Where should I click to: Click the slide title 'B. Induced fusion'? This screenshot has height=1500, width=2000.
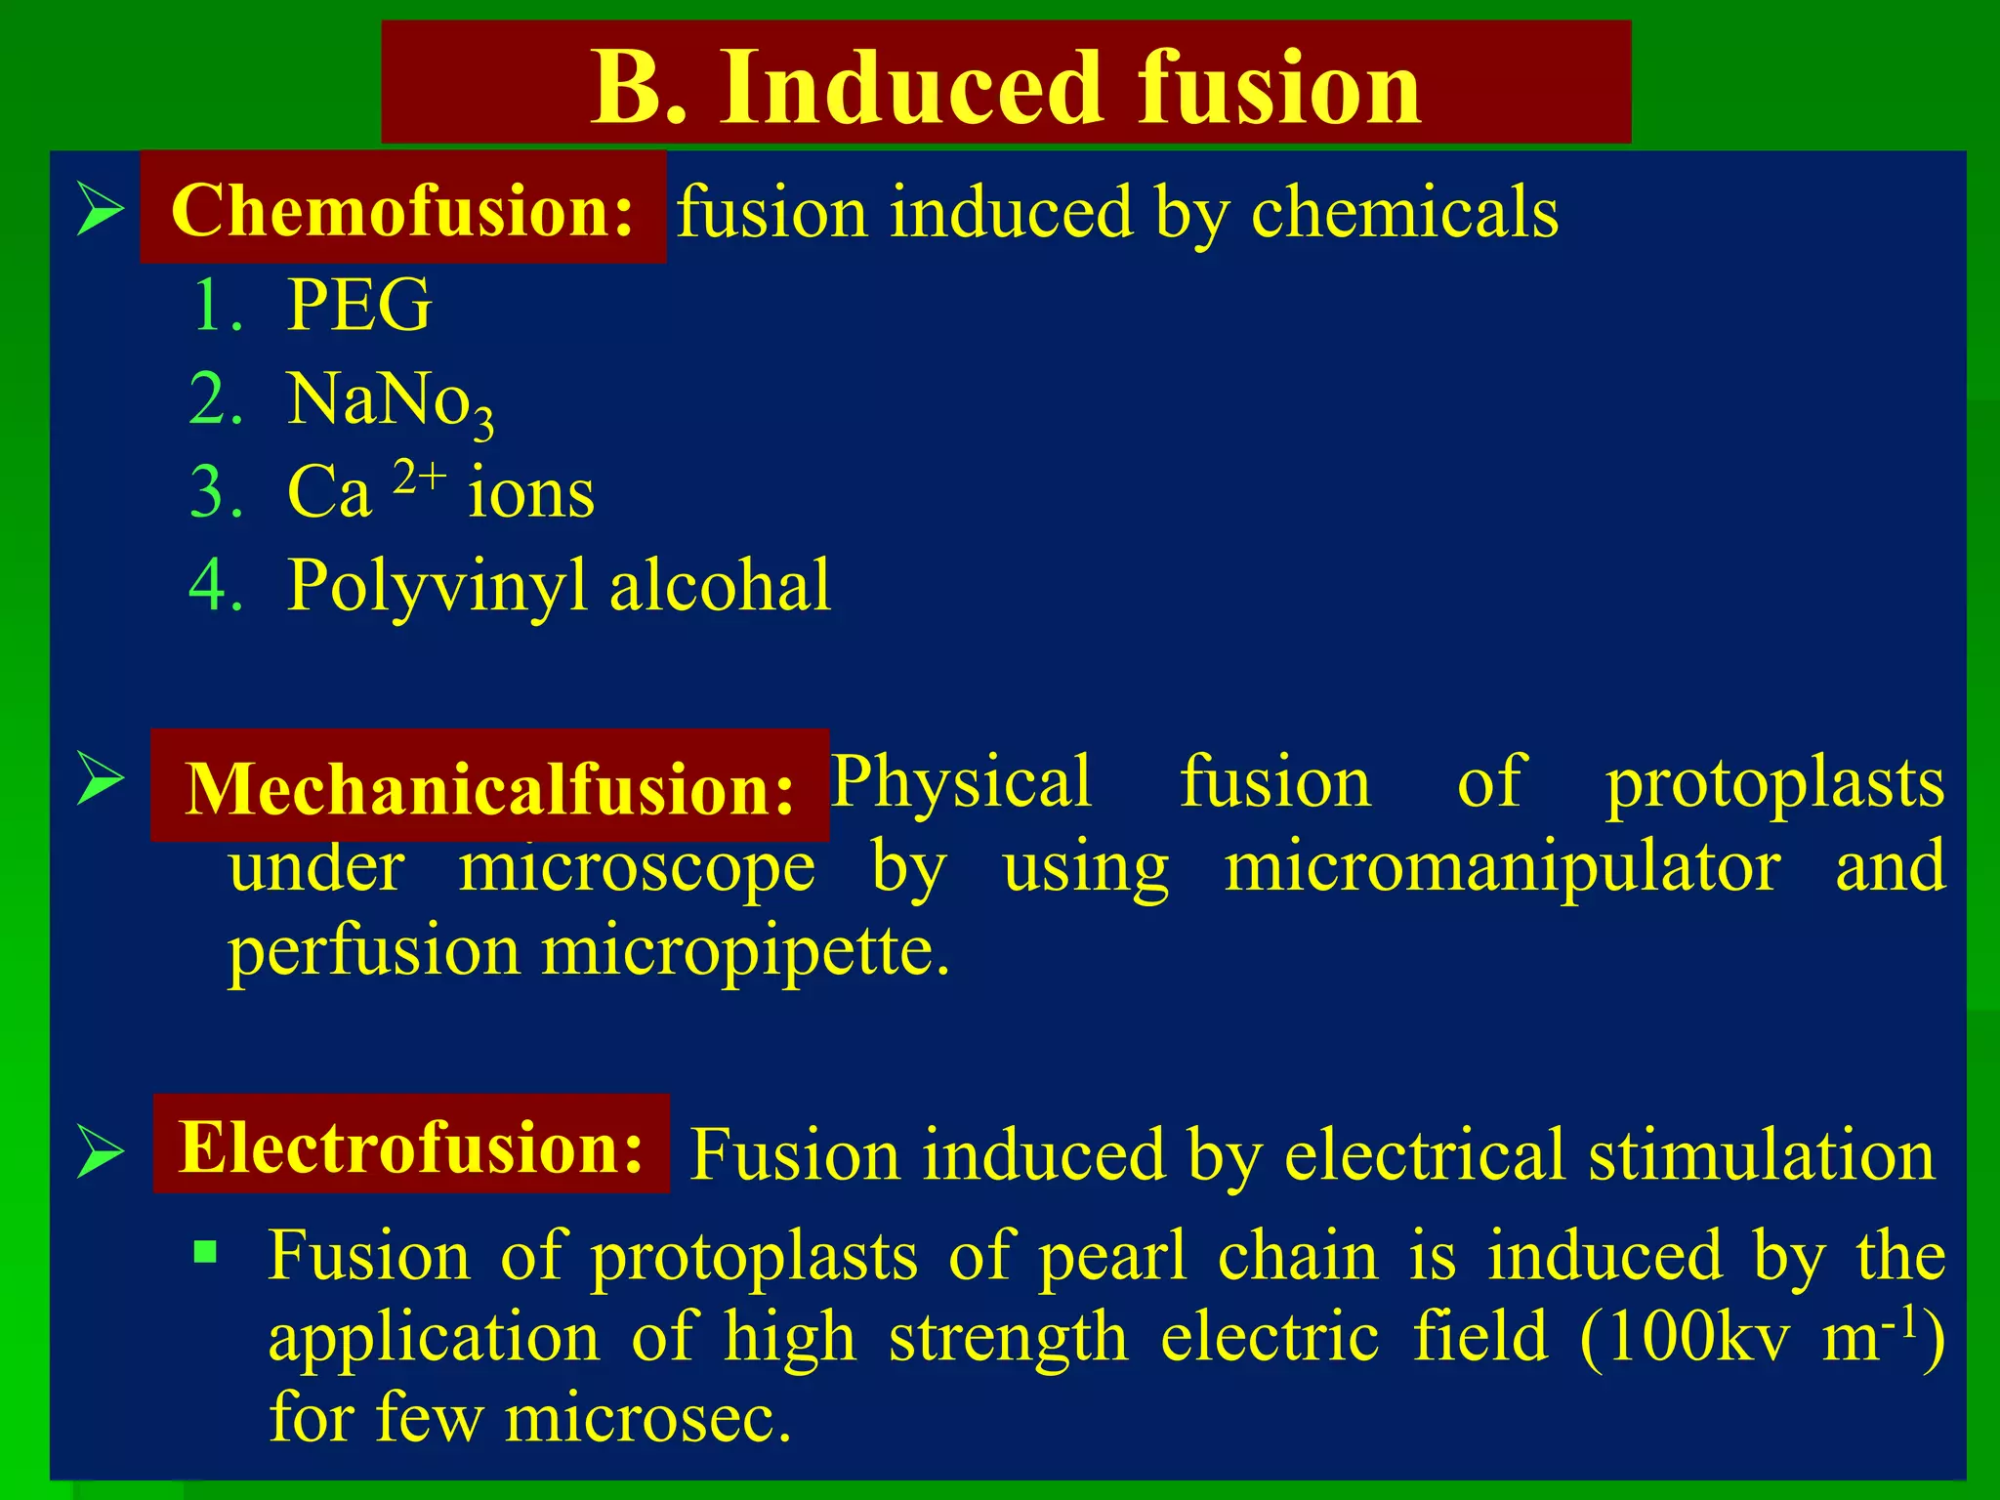pos(1006,88)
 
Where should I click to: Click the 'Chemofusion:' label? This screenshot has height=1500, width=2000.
pos(402,210)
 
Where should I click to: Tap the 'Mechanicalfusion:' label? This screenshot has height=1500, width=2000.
pos(490,788)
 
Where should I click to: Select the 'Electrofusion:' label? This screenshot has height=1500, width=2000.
pos(411,1146)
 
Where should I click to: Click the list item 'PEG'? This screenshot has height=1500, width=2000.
pos(359,306)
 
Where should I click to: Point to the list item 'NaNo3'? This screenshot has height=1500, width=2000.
pos(390,400)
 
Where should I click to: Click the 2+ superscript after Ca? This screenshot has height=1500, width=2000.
pos(420,479)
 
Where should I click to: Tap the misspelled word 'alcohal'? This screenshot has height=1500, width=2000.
pos(720,586)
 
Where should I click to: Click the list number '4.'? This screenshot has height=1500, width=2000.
pos(216,586)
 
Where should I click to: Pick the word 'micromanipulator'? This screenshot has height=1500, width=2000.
pos(1502,867)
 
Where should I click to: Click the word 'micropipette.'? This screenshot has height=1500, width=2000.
pos(745,951)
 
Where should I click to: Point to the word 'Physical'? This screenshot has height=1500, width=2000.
pos(961,782)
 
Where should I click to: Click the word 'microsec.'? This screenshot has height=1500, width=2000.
pos(647,1418)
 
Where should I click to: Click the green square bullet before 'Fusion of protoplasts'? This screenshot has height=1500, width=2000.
pos(205,1251)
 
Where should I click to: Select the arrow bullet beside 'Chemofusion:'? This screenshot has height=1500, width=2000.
pos(100,210)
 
